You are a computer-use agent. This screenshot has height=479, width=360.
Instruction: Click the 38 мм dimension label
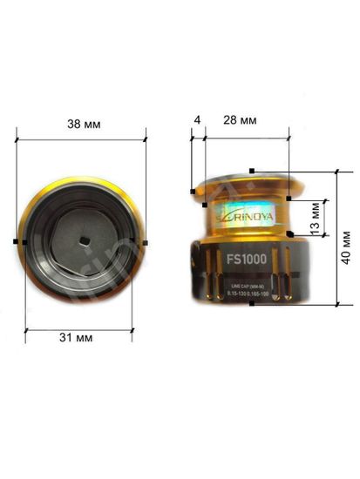tap(83, 125)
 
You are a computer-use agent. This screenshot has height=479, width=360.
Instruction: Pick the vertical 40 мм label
tap(346, 246)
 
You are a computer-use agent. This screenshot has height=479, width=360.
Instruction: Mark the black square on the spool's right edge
tap(146, 241)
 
